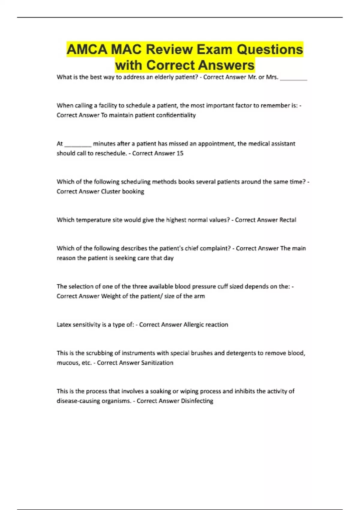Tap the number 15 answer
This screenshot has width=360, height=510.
coord(180,153)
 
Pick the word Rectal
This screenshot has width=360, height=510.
coord(288,220)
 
